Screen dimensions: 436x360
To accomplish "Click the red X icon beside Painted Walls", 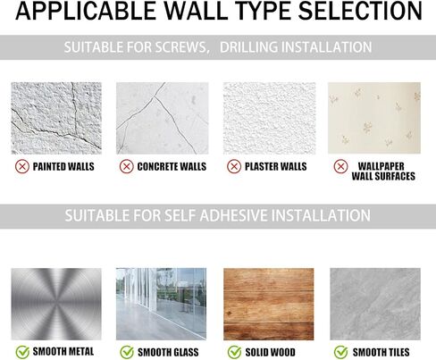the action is [x=22, y=166].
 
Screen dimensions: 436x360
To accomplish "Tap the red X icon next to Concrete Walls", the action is [x=127, y=166].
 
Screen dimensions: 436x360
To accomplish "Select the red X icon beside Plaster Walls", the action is [x=234, y=166].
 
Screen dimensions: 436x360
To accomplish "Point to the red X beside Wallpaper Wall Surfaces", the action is [x=341, y=166].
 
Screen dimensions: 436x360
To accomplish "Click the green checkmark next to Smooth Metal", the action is [x=22, y=352].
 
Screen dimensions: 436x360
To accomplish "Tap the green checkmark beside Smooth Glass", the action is [x=127, y=352].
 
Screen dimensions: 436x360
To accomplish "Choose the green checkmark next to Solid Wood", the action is [x=234, y=352].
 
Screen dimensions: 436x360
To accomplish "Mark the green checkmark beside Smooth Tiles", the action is [x=341, y=352].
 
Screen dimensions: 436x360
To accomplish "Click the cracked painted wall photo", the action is [x=56, y=118].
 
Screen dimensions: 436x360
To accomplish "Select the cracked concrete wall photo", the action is [x=163, y=118].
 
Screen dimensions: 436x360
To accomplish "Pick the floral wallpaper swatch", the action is [x=374, y=118].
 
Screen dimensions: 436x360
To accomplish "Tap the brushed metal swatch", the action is [x=56, y=304].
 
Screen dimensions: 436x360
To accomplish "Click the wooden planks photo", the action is [x=269, y=304].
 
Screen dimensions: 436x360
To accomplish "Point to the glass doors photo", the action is [x=161, y=304].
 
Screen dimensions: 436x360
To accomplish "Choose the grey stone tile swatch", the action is [x=375, y=304].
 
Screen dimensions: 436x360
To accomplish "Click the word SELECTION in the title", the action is [x=360, y=11].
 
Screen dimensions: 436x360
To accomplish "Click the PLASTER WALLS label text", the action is [x=276, y=166].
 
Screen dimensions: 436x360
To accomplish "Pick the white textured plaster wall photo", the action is [x=270, y=118].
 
